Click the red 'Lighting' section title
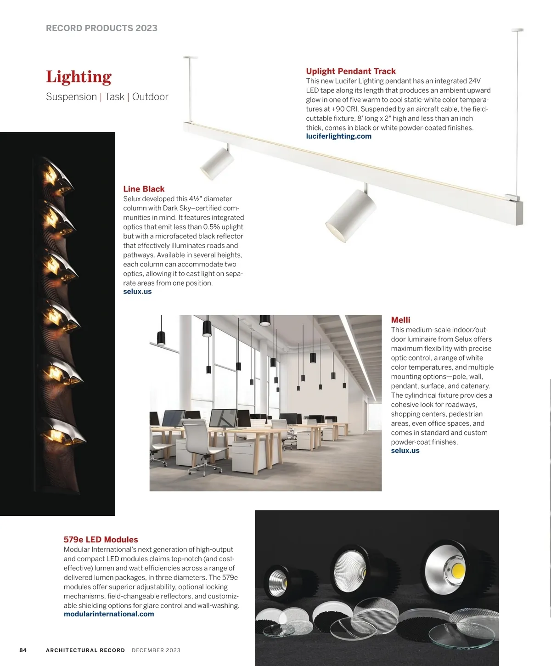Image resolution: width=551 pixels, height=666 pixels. pyautogui.click(x=79, y=77)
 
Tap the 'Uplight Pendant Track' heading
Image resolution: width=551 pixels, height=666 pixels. pyautogui.click(x=351, y=71)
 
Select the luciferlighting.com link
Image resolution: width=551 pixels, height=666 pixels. pyautogui.click(x=338, y=136)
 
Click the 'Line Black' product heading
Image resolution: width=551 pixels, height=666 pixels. pyautogui.click(x=144, y=189)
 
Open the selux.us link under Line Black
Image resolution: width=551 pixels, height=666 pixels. pyautogui.click(x=137, y=292)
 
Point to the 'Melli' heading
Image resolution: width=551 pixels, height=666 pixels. pyautogui.click(x=400, y=320)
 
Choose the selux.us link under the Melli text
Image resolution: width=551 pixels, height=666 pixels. pyautogui.click(x=405, y=451)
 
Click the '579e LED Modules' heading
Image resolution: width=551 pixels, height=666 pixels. pyautogui.click(x=101, y=540)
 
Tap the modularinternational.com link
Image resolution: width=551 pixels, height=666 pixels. pyautogui.click(x=109, y=614)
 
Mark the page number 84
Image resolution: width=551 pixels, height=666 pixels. pyautogui.click(x=23, y=650)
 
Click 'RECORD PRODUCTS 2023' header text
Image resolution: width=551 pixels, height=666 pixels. pyautogui.click(x=101, y=28)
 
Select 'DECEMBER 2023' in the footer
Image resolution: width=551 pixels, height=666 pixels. pyautogui.click(x=156, y=650)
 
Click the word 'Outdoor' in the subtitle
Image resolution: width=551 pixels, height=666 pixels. pyautogui.click(x=150, y=97)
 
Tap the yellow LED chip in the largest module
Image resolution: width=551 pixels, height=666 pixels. pyautogui.click(x=458, y=571)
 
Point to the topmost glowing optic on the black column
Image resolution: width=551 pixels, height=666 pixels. pyautogui.click(x=55, y=177)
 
